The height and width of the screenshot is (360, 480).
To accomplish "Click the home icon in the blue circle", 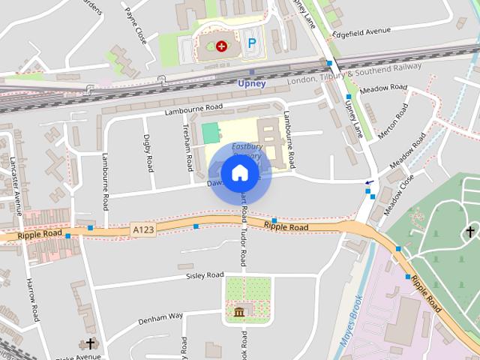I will pyautogui.click(x=239, y=172).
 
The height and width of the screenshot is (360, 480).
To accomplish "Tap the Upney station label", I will pyautogui.click(x=251, y=83).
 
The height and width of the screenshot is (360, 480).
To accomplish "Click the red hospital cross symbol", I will pyautogui.click(x=221, y=46).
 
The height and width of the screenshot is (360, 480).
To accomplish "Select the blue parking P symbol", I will pyautogui.click(x=252, y=44).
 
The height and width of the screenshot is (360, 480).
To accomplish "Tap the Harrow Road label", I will pyautogui.click(x=32, y=300).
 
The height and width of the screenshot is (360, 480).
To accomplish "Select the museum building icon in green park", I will pyautogui.click(x=239, y=311).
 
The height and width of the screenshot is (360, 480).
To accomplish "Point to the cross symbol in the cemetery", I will pyautogui.click(x=469, y=232).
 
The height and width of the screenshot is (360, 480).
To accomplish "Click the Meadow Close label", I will pyautogui.click(x=399, y=196).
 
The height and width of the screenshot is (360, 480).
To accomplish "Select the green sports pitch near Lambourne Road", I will pyautogui.click(x=211, y=133).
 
